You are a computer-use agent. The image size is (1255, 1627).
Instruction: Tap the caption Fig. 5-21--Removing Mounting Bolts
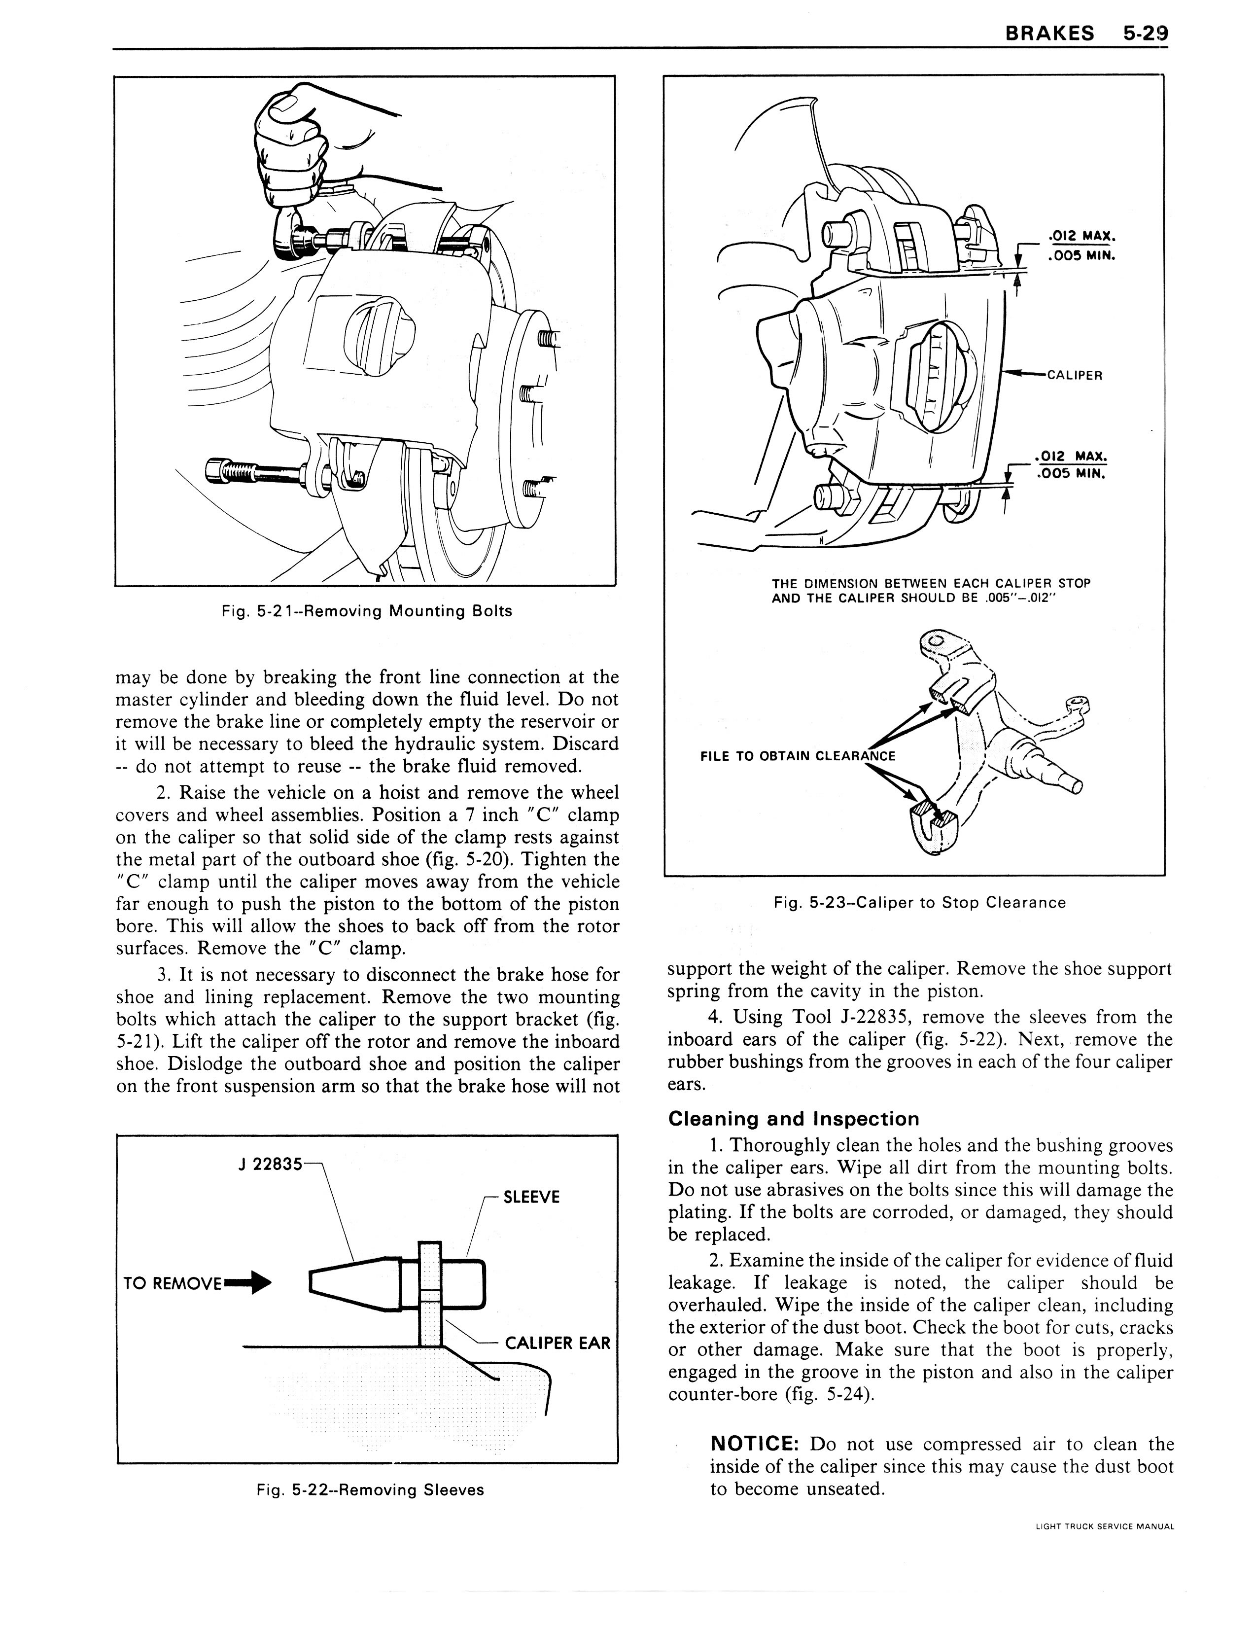coord(366,611)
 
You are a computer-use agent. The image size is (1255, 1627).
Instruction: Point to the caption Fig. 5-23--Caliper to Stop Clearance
coord(920,902)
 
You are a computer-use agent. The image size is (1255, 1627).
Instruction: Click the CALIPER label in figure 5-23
coord(1074,375)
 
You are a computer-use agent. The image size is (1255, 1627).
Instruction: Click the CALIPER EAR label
coord(557,1343)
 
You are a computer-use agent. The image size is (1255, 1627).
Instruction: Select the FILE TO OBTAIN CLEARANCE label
coord(798,755)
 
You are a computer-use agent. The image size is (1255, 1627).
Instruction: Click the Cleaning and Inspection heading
coord(793,1119)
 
